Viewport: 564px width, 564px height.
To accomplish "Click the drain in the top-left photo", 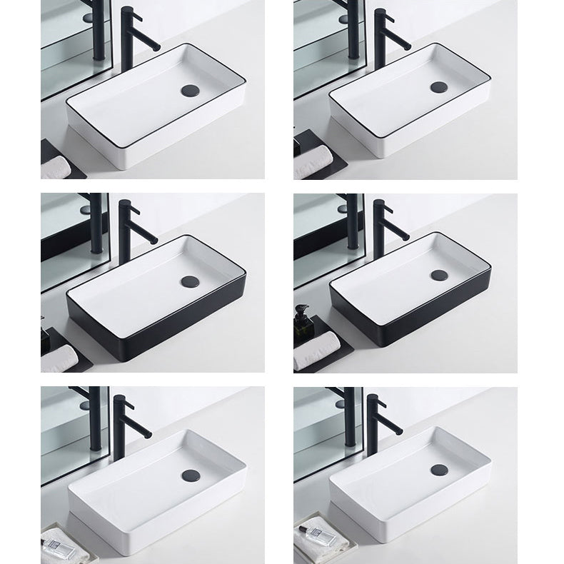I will click(190, 90).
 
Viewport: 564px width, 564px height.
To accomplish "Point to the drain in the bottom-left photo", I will click(190, 475).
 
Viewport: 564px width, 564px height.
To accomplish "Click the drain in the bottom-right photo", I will click(439, 470).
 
